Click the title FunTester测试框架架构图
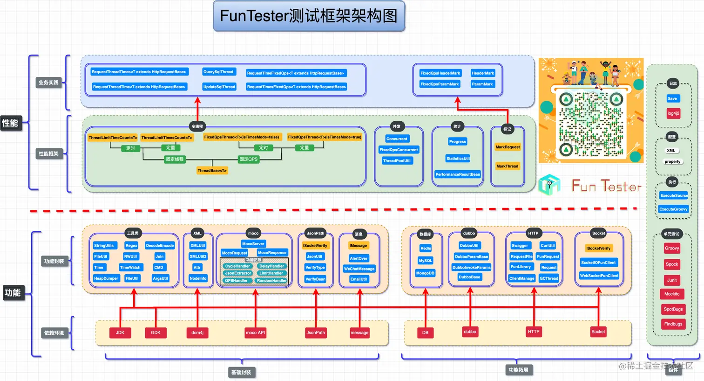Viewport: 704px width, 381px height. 309,16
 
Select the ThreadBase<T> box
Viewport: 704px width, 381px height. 212,171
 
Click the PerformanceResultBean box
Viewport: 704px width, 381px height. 458,174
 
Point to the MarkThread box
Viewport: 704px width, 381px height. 507,166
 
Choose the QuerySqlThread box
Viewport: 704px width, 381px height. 218,72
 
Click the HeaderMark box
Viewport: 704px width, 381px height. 483,73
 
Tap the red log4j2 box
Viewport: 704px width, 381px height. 673,113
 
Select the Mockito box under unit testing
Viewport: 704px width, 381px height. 672,294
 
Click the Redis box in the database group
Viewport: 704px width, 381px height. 426,248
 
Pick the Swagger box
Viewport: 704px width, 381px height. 520,245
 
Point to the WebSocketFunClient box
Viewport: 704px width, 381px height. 599,276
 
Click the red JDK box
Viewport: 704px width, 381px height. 120,333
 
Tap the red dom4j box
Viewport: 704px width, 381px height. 197,333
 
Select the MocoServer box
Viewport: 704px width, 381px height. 253,243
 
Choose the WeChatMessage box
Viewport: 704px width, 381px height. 359,269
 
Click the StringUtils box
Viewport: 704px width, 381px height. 104,245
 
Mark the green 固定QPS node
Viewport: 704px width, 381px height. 249,159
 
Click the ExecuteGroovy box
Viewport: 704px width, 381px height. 673,209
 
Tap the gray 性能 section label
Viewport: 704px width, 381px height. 10,123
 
